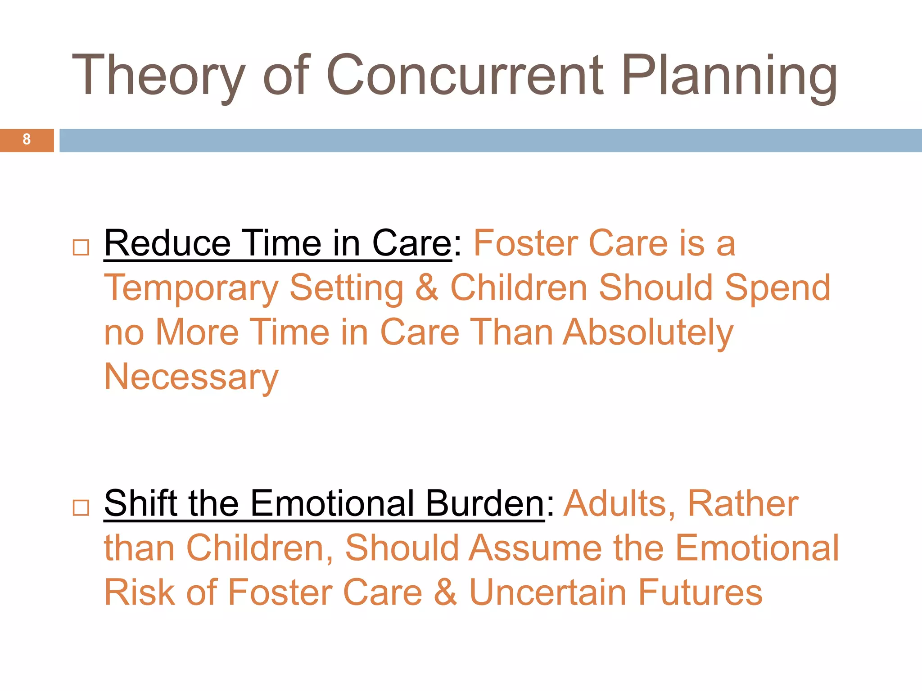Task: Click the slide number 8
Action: [x=27, y=139]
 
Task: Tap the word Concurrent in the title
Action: [x=464, y=76]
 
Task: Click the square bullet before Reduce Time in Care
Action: [x=81, y=247]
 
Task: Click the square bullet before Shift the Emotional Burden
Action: [x=81, y=507]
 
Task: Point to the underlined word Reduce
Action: [x=167, y=243]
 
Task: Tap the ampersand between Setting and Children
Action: [x=426, y=288]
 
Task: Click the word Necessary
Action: [x=191, y=377]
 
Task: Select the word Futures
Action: [x=700, y=592]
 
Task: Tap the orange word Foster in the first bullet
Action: [x=526, y=243]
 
